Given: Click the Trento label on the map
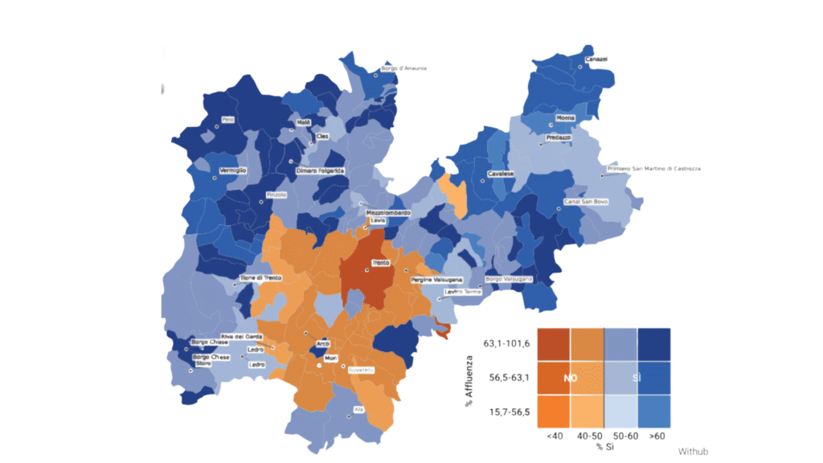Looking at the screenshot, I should [381, 264].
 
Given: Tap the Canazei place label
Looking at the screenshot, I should [596, 59].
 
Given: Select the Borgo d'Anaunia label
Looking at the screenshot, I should [404, 68].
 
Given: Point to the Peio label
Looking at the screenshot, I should [228, 120].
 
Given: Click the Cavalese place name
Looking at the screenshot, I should [501, 174].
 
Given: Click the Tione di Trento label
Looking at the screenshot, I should [263, 278].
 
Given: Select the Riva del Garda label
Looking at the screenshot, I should [244, 336].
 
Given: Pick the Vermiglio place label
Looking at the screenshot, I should [233, 171].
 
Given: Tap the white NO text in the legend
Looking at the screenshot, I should [571, 377].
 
